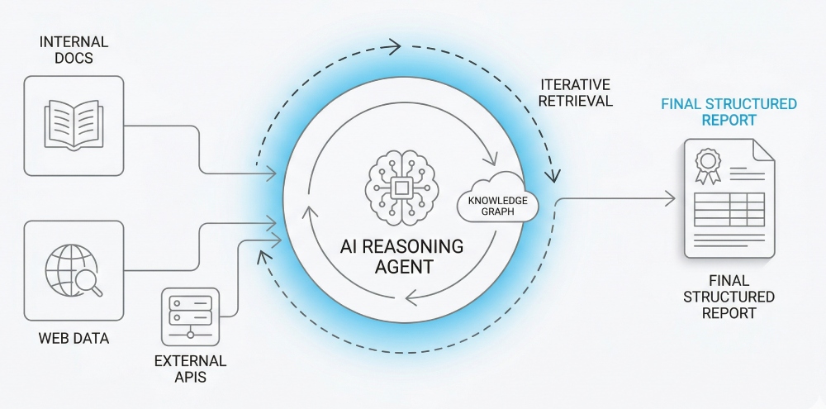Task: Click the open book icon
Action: (x=74, y=125)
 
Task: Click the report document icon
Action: (x=727, y=198)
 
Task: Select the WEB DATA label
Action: (x=74, y=339)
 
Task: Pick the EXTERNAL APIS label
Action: (x=190, y=369)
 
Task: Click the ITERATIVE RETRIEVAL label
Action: (x=576, y=93)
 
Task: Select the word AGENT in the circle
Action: (x=402, y=268)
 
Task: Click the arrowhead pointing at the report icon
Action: (x=672, y=199)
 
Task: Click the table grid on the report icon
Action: (x=729, y=210)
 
